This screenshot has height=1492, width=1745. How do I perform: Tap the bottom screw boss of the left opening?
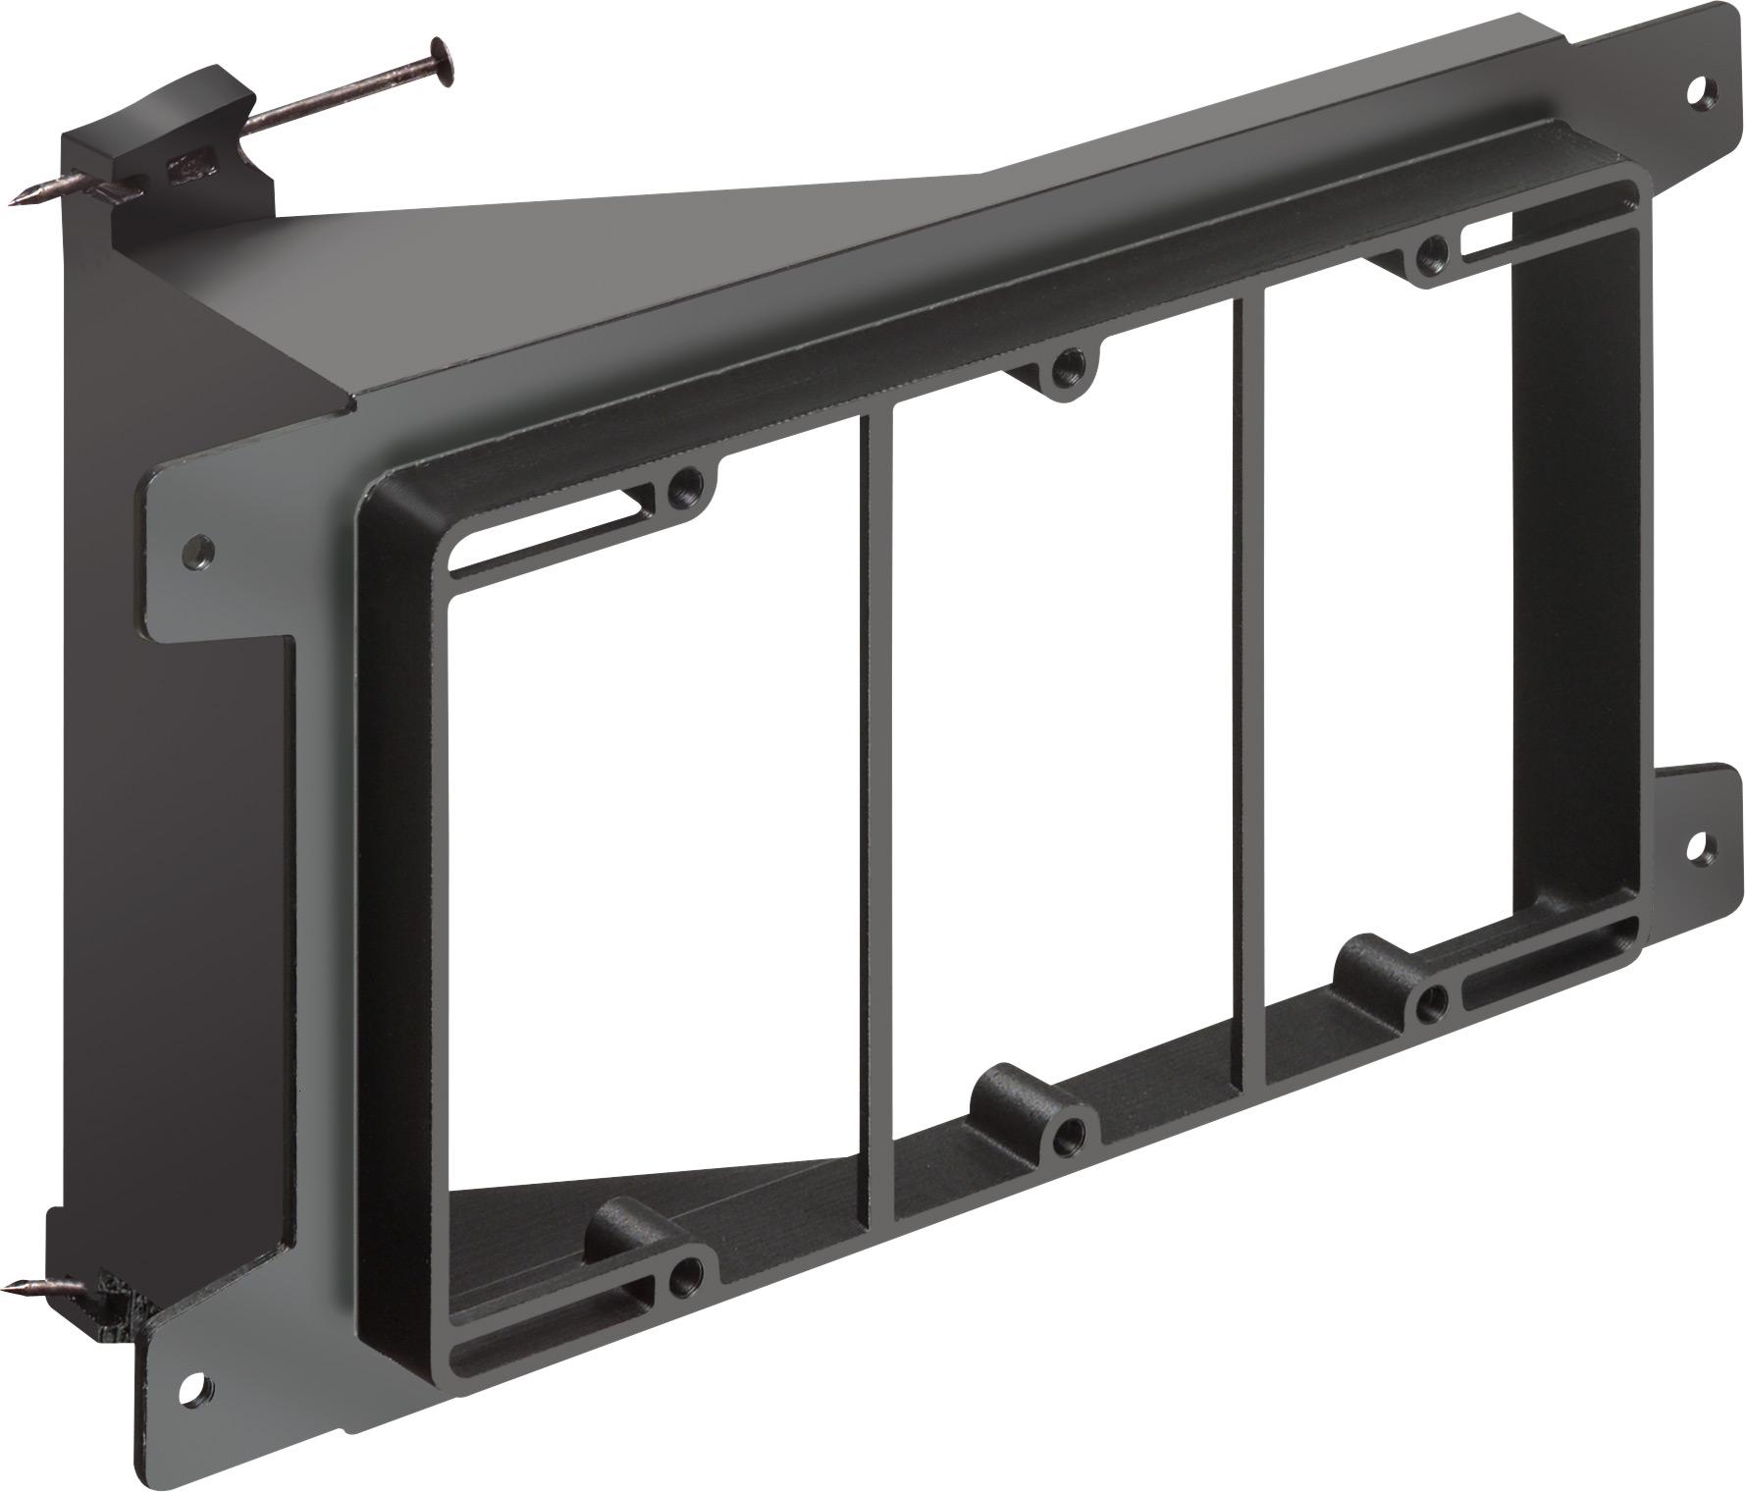(x=681, y=1276)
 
